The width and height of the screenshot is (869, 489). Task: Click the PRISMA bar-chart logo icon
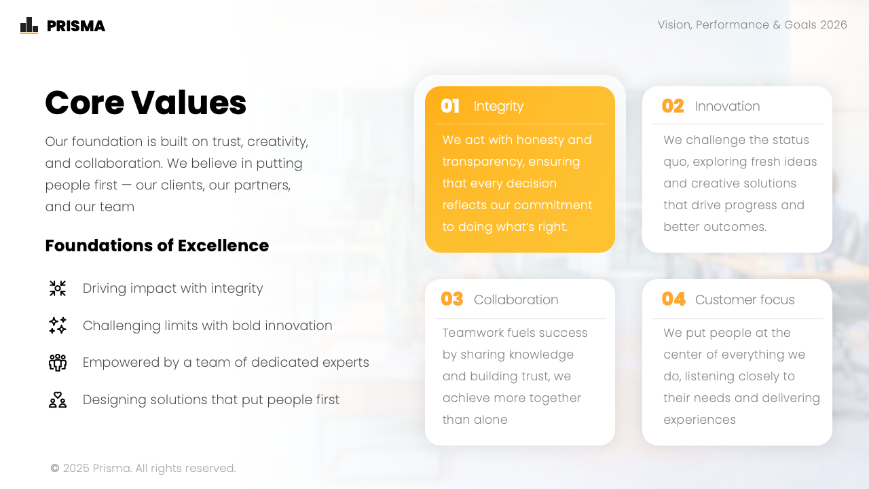[29, 25]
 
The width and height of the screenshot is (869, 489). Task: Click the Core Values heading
[145, 103]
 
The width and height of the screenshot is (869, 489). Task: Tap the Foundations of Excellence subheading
[157, 246]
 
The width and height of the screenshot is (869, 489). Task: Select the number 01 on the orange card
[450, 106]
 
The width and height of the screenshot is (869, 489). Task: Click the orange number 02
[673, 106]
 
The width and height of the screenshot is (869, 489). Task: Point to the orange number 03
[452, 300]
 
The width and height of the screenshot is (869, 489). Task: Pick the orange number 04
[673, 300]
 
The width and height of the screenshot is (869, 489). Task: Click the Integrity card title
[498, 107]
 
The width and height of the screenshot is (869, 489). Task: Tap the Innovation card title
[727, 107]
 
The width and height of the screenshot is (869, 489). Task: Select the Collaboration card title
[516, 300]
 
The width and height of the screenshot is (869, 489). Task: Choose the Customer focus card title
[745, 300]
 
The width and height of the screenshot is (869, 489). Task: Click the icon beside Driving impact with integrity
[58, 289]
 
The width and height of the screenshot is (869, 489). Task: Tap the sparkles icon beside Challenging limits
[58, 325]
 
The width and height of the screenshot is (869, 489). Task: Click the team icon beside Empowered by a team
[58, 363]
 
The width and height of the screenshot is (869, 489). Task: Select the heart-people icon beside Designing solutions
[58, 400]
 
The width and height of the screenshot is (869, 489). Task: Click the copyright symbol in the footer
[55, 469]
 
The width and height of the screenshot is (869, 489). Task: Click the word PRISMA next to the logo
[76, 26]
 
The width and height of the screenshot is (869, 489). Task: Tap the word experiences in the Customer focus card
[699, 420]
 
